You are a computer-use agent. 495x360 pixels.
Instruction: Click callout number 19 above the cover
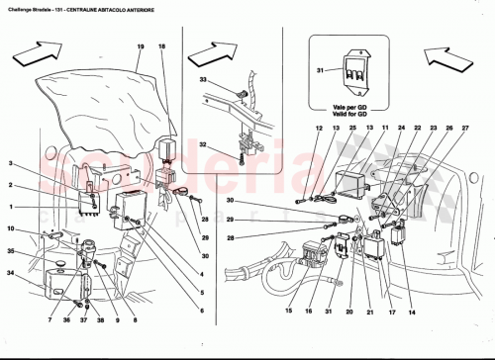point(141,47)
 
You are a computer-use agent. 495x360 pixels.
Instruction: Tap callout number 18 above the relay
point(162,47)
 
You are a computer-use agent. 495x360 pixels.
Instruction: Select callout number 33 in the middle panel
point(203,79)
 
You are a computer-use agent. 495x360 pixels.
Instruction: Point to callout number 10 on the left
point(10,228)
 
